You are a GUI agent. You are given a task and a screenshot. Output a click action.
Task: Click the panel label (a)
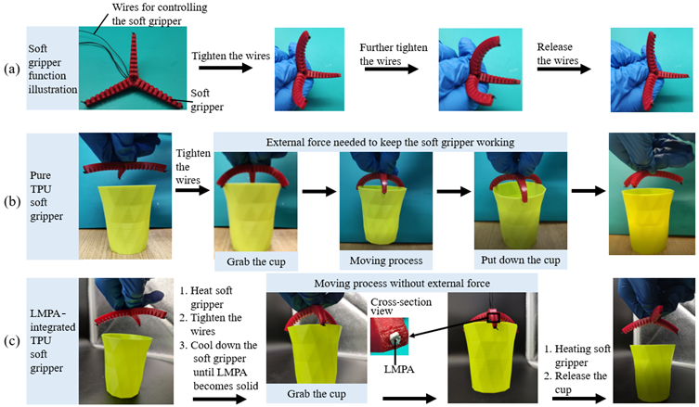[12, 69]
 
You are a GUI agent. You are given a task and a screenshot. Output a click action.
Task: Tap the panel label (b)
[12, 201]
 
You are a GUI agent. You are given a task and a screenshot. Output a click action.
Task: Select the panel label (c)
[12, 340]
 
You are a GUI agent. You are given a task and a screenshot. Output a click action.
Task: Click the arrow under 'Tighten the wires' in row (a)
[226, 68]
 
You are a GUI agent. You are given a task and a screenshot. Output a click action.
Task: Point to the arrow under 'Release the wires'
[563, 69]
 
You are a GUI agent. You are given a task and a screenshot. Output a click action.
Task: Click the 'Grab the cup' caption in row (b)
[256, 261]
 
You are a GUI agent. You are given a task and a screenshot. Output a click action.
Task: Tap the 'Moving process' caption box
[386, 261]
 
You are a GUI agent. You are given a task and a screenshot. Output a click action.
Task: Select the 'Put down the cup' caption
[520, 260]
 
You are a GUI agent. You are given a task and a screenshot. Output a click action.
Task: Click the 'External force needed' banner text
[390, 142]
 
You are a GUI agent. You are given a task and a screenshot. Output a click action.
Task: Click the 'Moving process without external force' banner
[402, 283]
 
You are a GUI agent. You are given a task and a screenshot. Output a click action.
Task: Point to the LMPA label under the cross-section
[399, 369]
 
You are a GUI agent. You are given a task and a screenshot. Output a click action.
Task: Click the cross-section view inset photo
[389, 337]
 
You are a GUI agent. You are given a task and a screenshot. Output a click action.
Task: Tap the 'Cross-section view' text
[401, 306]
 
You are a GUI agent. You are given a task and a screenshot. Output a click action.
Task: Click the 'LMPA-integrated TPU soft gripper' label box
[53, 341]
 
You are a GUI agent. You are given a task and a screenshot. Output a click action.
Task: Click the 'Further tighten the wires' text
[394, 54]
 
